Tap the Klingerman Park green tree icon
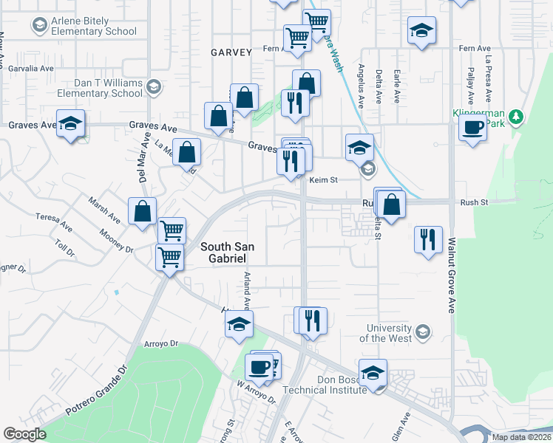516,117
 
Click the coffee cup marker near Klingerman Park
472,128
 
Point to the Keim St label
322,179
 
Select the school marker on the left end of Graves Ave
70,125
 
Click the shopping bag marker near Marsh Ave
142,212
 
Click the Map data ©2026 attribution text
521,437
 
